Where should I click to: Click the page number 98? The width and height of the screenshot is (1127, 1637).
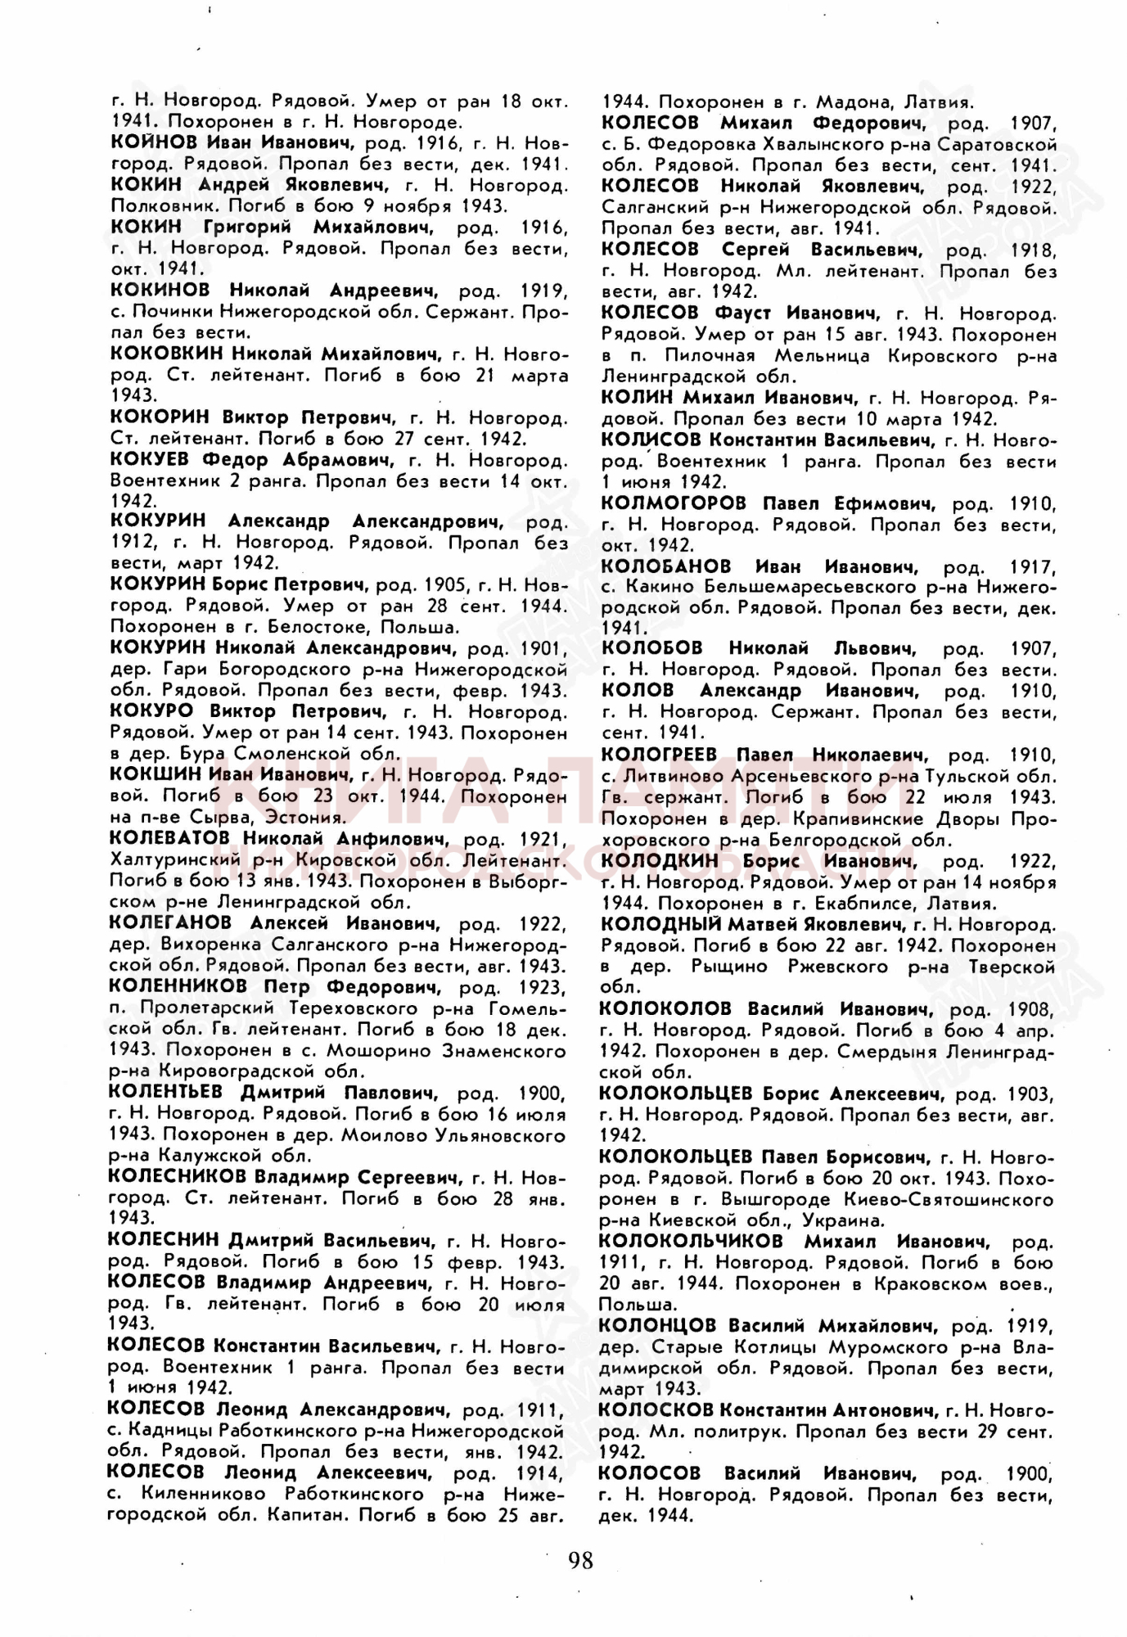coord(580,1559)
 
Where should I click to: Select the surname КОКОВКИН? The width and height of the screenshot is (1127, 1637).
coord(166,354)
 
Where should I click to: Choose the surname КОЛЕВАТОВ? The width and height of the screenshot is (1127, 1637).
coord(171,838)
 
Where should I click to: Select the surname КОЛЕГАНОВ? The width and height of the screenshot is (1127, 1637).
coord(170,922)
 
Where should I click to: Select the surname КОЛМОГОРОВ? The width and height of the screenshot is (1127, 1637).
coord(674,502)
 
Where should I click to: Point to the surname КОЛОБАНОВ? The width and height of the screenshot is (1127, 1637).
coord(666,566)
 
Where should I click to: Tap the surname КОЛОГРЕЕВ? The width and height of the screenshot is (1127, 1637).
coord(659,754)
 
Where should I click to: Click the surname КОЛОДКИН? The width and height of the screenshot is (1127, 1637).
coord(659,860)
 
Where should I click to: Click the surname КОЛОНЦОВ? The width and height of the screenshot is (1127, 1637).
coord(656,1325)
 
